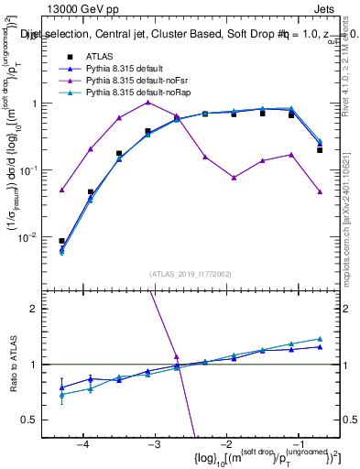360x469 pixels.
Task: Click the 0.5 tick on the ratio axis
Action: [x=38, y=420]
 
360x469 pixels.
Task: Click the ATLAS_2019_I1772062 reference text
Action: [x=191, y=274]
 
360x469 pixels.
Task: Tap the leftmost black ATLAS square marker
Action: [x=61, y=241]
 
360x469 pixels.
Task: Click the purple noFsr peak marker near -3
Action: [x=147, y=103]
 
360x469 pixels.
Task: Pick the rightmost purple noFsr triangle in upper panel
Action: [x=320, y=191]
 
